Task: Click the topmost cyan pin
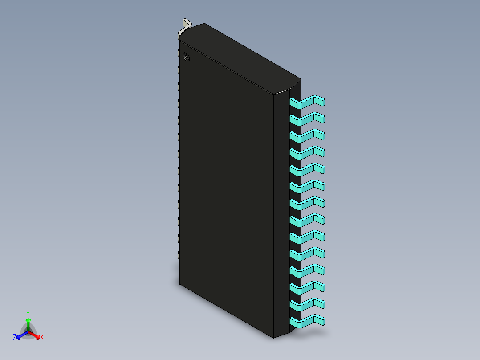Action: pos(307,102)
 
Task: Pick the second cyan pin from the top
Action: pos(307,119)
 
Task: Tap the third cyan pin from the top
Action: pos(307,136)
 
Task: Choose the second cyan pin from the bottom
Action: pos(307,305)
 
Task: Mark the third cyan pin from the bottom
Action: pos(307,288)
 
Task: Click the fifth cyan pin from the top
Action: pos(307,170)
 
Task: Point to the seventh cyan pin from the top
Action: pos(307,204)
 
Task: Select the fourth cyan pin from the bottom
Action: pos(307,271)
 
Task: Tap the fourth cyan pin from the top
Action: pos(307,153)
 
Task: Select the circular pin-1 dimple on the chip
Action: pos(186,57)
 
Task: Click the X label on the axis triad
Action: pos(42,338)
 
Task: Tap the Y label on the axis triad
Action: pos(28,313)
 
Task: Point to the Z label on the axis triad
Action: pos(15,338)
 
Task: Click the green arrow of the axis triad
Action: pos(28,323)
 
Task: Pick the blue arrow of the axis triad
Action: pos(21,335)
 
